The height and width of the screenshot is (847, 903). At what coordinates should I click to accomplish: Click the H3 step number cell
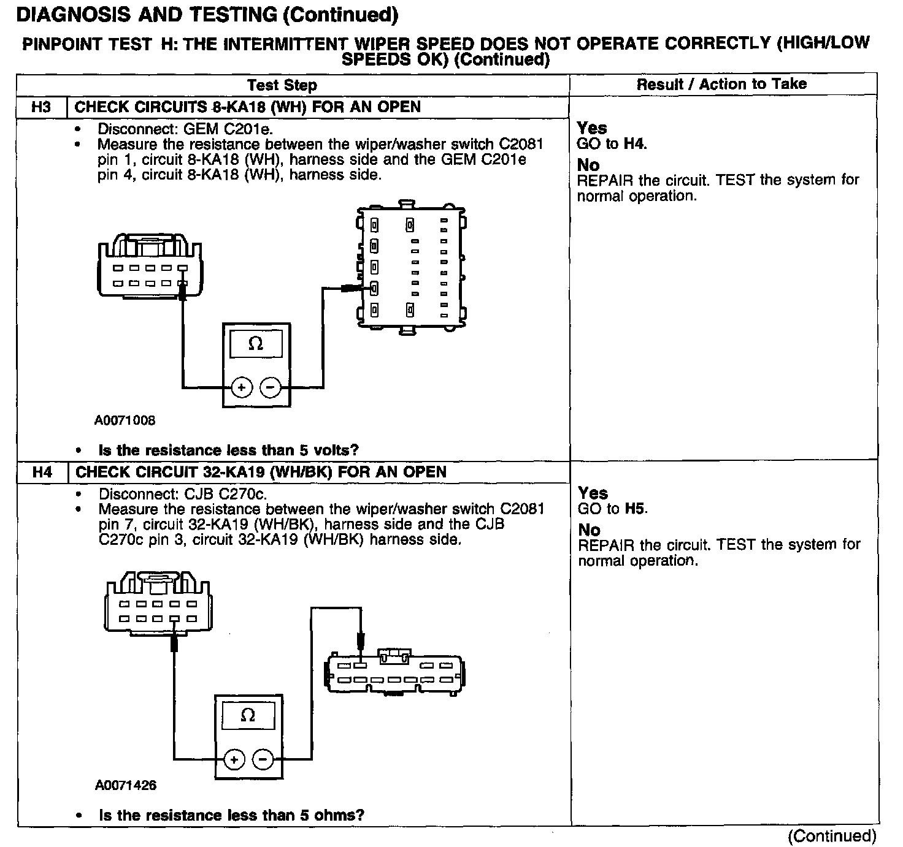pyautogui.click(x=41, y=107)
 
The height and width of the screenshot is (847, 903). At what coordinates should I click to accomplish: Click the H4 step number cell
pyautogui.click(x=42, y=472)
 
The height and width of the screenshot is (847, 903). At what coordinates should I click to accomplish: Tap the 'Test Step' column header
pyautogui.click(x=282, y=85)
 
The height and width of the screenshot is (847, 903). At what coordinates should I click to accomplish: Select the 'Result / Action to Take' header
pyautogui.click(x=721, y=85)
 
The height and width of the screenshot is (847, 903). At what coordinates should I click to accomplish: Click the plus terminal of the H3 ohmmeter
pyautogui.click(x=242, y=387)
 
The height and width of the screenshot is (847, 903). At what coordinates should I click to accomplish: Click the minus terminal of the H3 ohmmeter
pyautogui.click(x=271, y=387)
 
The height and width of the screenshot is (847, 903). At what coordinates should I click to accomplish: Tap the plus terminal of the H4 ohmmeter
pyautogui.click(x=234, y=759)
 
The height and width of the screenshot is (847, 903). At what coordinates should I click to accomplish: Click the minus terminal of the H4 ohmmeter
pyautogui.click(x=263, y=759)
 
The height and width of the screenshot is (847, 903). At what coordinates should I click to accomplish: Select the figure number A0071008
pyautogui.click(x=125, y=420)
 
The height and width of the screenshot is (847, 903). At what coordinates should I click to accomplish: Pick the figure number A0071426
pyautogui.click(x=125, y=785)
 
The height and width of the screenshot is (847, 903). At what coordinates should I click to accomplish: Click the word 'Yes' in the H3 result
pyautogui.click(x=592, y=128)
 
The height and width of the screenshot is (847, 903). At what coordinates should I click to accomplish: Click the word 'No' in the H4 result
pyautogui.click(x=589, y=530)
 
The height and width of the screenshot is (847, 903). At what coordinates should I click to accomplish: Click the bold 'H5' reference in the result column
pyautogui.click(x=636, y=509)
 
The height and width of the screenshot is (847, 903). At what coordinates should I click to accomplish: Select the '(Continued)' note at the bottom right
pyautogui.click(x=832, y=836)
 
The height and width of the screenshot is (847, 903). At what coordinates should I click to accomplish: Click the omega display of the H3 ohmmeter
pyautogui.click(x=256, y=344)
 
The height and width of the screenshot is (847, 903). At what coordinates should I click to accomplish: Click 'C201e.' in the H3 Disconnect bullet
pyautogui.click(x=249, y=129)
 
